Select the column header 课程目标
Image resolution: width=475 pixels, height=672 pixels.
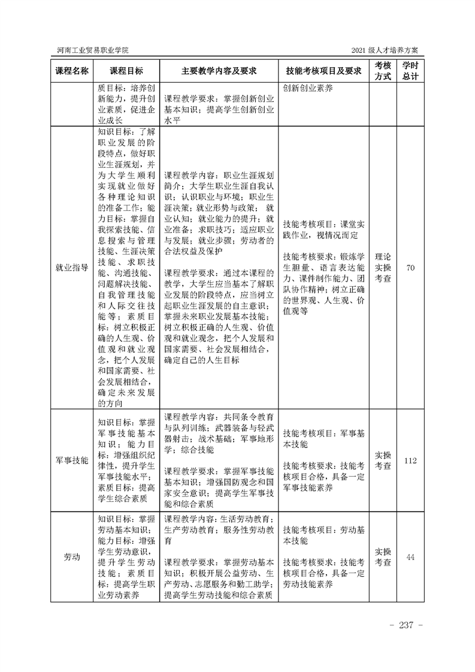click(126, 71)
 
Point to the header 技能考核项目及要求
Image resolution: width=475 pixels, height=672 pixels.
click(323, 71)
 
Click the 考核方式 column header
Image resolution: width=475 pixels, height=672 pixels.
click(383, 71)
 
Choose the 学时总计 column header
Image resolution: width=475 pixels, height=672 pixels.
click(410, 71)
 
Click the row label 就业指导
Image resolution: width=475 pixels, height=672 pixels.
click(72, 268)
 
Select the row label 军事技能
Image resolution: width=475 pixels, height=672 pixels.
click(72, 460)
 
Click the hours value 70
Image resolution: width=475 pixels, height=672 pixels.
click(410, 268)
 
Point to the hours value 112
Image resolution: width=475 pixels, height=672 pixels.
click(410, 460)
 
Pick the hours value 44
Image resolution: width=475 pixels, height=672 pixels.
click(410, 557)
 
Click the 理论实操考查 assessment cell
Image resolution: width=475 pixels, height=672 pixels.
click(383, 268)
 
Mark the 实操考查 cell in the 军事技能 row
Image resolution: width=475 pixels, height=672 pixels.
click(383, 460)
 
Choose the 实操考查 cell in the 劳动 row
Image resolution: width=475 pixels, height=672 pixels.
click(383, 557)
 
